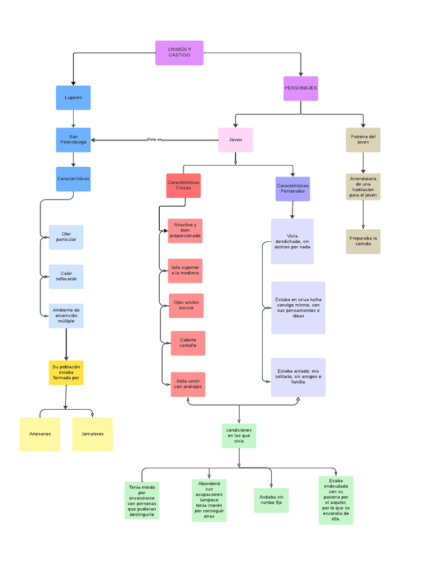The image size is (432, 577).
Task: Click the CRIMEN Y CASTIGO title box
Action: (179, 53)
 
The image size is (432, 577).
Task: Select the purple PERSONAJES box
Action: (300, 88)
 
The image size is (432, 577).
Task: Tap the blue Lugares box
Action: (73, 97)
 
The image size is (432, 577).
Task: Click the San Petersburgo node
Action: (73, 140)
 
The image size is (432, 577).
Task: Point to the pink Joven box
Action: (235, 140)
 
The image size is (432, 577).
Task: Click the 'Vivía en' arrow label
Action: (154, 139)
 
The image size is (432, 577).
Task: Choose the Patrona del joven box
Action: (363, 140)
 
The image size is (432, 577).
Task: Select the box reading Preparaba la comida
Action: (363, 241)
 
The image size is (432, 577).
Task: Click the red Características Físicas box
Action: (183, 185)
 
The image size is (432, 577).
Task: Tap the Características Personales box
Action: (292, 189)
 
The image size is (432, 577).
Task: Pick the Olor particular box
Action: (66, 237)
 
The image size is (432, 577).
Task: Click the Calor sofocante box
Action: (66, 277)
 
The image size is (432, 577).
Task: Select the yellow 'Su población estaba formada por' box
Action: (66, 372)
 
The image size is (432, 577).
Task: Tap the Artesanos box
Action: (40, 434)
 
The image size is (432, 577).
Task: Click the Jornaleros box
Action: (92, 434)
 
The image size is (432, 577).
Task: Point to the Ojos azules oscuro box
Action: (186, 305)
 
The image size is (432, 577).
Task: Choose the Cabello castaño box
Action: (188, 343)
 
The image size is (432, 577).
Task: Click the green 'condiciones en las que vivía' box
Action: (239, 436)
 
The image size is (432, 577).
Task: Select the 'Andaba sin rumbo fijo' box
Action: (271, 500)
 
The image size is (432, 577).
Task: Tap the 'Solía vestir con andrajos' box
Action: (188, 384)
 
